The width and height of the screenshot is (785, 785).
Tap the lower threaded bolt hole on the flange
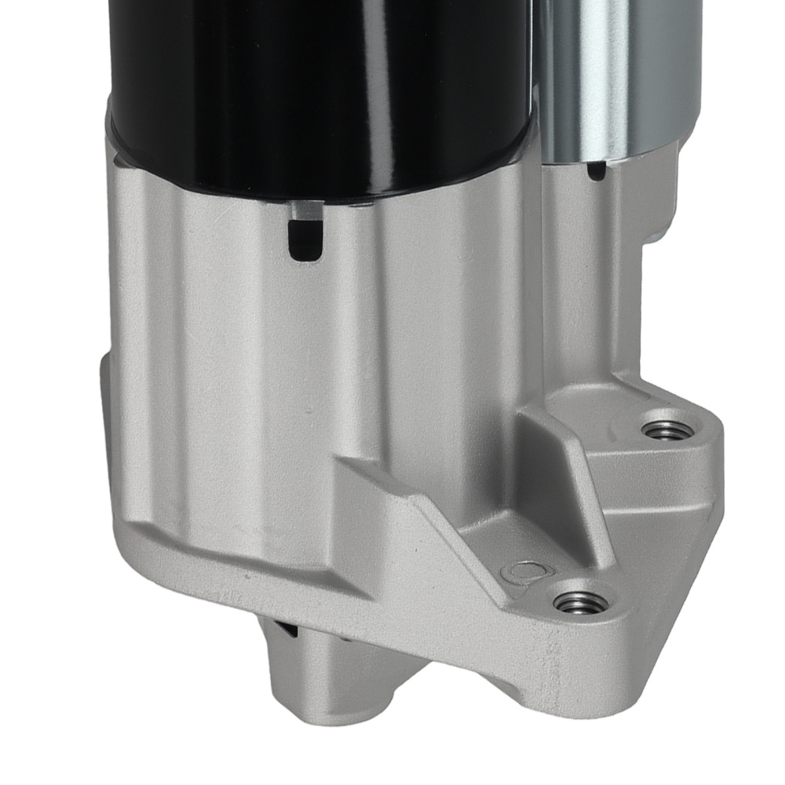click(x=581, y=603)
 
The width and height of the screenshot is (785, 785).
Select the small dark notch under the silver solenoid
click(x=597, y=170)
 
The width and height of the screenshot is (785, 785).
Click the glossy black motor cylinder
click(x=314, y=86)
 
